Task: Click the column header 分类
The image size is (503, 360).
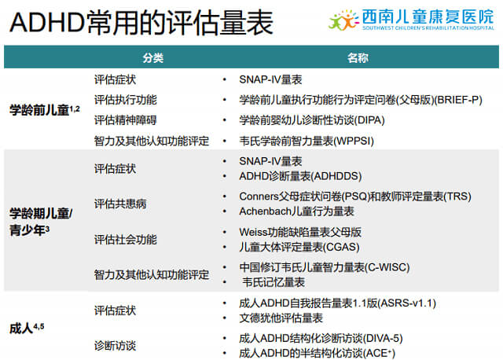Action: coord(153,57)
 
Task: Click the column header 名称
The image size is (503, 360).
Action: coord(358,57)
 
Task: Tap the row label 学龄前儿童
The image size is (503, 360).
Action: coord(39,110)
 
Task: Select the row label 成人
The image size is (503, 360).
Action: coord(21,329)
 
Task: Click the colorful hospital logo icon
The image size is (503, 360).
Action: coord(343,20)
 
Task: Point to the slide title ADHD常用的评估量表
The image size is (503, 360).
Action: coord(141,23)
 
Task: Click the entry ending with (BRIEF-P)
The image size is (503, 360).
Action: coord(361,100)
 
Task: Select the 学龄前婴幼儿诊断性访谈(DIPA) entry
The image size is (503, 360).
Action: coord(312,120)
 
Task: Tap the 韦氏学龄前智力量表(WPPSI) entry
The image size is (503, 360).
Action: coord(307,141)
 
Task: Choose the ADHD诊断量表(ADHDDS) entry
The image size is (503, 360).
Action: coord(300,176)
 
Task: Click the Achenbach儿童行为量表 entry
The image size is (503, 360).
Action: coord(296,211)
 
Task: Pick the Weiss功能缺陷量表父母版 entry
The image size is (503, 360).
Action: coord(300,232)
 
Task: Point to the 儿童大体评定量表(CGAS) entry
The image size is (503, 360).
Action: coord(299,247)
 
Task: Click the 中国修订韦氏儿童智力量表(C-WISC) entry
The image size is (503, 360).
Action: coord(325,267)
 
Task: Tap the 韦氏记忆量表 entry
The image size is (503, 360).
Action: coord(274,282)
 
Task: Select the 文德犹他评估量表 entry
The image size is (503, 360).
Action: coord(281,318)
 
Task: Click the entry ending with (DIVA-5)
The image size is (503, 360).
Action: coord(321,338)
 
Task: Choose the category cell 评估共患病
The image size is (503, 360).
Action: coord(120,204)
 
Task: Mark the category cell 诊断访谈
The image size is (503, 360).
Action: coord(116,346)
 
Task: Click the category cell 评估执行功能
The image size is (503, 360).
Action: coord(126,100)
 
